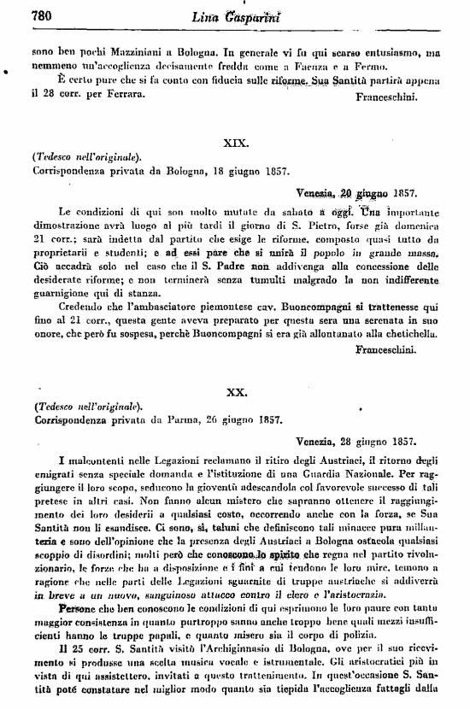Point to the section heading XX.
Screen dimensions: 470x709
(235, 392)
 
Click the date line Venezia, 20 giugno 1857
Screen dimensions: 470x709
(356, 192)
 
